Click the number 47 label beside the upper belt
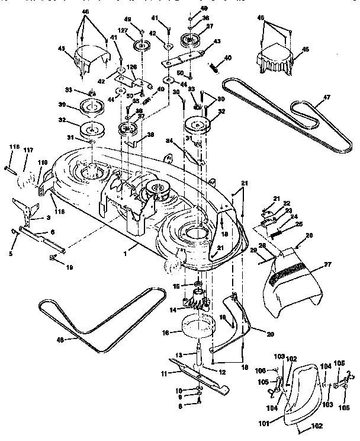[x=319, y=102]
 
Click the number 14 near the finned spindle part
[x=173, y=309]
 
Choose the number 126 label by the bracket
[x=131, y=66]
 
